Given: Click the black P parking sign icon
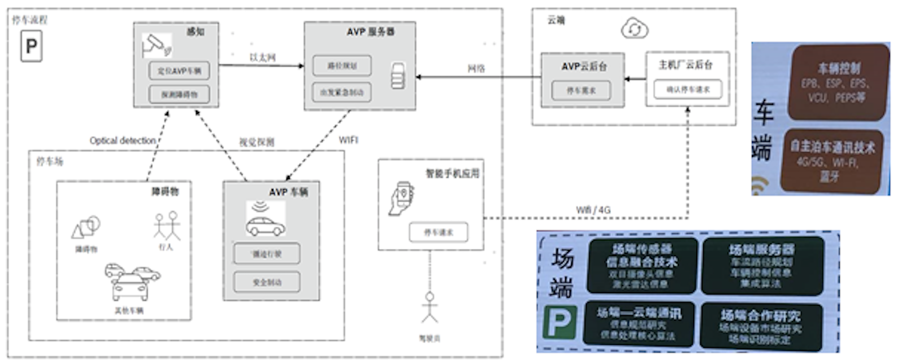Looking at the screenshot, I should pos(31,46).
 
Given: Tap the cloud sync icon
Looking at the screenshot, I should pos(634,29).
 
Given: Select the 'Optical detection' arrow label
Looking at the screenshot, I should pos(123,141).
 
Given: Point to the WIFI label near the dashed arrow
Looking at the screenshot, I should pos(348,140).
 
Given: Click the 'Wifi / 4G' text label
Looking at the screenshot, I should pos(593,210).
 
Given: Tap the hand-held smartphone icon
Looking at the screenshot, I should pos(401,198).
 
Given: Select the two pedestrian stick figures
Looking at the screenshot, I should pos(167,225).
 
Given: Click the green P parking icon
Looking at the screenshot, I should pos(560,322).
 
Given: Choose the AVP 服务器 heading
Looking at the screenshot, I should pos(370,32).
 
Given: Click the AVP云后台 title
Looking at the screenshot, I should pos(584,66).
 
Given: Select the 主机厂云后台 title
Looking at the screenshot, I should pos(685,65).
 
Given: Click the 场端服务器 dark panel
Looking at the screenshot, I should pos(762,266).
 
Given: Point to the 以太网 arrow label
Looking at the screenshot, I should pos(262,57).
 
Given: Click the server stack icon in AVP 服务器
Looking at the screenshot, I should pos(398,76).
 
